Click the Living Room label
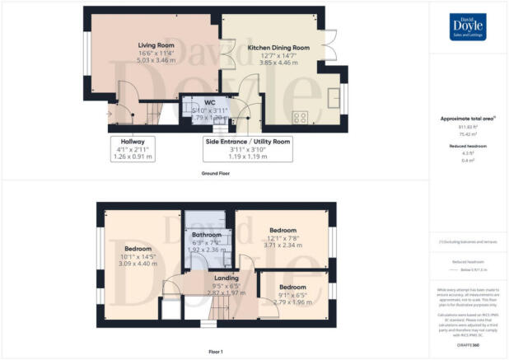point(153,46)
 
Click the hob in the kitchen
point(301,117)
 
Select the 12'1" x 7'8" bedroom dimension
point(283,238)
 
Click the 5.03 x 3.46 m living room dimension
point(153,59)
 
